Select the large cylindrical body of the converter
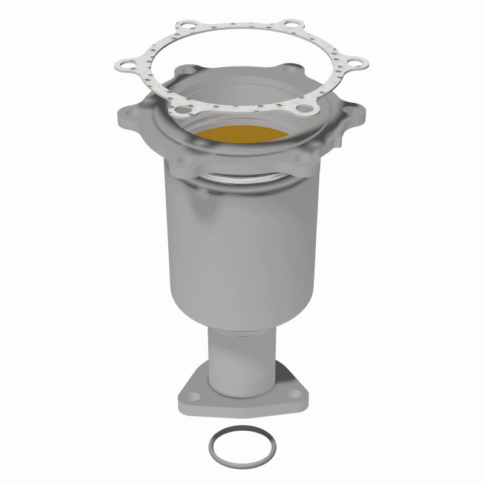[x=242, y=242]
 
